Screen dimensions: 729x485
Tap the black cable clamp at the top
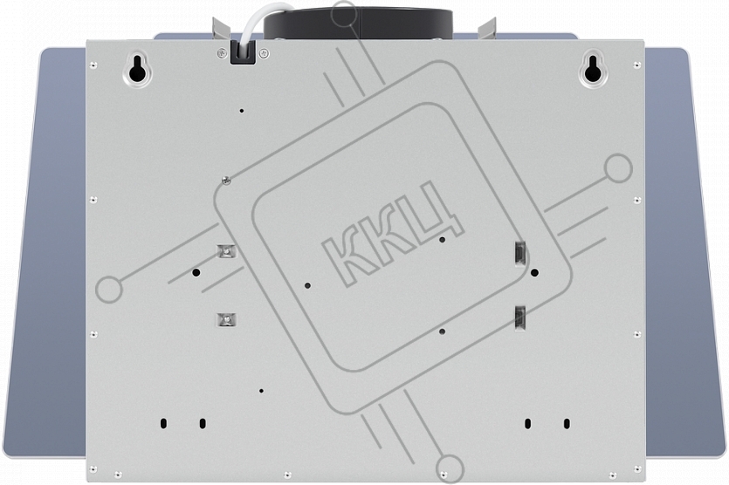tap(244, 51)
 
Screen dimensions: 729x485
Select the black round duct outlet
tap(358, 24)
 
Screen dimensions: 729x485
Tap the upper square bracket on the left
tap(226, 251)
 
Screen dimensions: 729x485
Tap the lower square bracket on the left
tap(226, 319)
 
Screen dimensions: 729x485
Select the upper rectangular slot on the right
tap(519, 255)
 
